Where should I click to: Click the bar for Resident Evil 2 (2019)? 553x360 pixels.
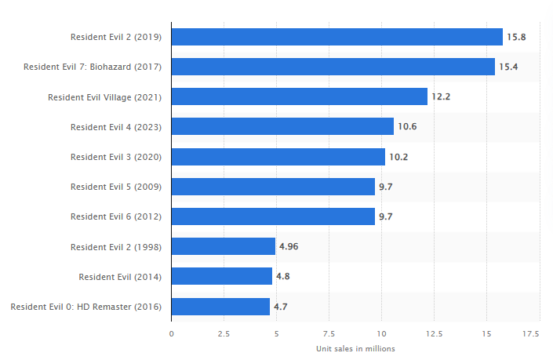(337, 37)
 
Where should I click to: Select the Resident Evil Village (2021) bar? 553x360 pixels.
(299, 96)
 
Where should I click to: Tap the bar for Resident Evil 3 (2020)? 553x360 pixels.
(278, 157)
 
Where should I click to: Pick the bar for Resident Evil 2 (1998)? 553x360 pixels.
(223, 246)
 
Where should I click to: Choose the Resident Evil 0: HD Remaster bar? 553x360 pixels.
(220, 307)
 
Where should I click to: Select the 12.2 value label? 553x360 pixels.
(441, 96)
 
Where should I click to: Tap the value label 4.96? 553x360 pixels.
(289, 246)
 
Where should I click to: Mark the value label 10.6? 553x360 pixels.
(407, 126)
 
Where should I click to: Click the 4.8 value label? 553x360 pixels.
(283, 277)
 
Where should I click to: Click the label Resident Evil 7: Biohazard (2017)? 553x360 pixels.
(93, 67)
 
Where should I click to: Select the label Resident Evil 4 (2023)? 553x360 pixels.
(115, 126)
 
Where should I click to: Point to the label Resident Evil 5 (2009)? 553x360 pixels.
(115, 187)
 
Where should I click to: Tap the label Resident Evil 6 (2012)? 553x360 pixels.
(115, 216)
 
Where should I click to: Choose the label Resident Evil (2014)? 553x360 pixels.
(120, 277)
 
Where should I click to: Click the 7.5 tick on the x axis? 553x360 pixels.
(329, 333)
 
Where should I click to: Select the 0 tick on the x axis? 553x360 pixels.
(172, 333)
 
